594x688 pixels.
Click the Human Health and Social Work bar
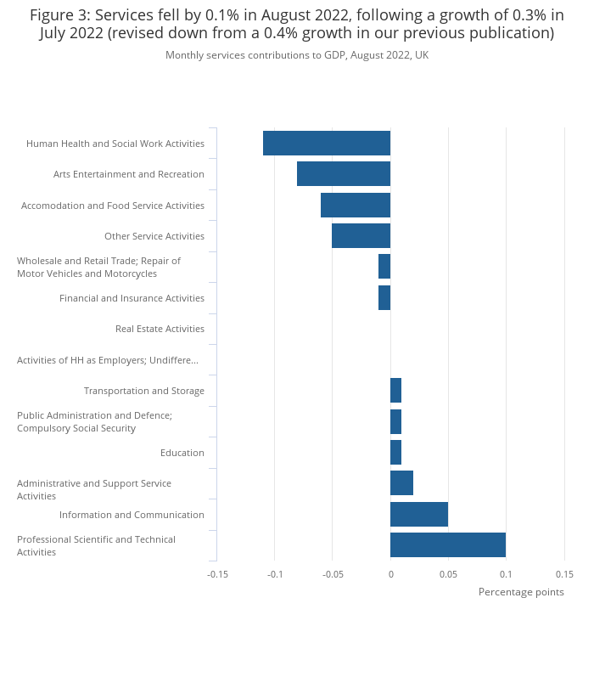pyautogui.click(x=327, y=143)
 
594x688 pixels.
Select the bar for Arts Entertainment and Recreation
pyautogui.click(x=344, y=174)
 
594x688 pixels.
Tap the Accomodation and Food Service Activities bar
pyautogui.click(x=356, y=205)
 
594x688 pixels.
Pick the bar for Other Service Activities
pyautogui.click(x=361, y=235)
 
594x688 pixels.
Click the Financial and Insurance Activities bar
pyautogui.click(x=384, y=298)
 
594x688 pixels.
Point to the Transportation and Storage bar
pyautogui.click(x=395, y=390)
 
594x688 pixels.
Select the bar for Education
pyautogui.click(x=395, y=453)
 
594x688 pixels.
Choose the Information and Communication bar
pyautogui.click(x=419, y=514)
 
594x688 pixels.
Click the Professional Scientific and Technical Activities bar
pyautogui.click(x=448, y=545)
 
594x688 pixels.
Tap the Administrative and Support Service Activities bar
pyautogui.click(x=401, y=482)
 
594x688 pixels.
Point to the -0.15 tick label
pyautogui.click(x=217, y=574)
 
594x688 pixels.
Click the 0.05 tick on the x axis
pyautogui.click(x=448, y=574)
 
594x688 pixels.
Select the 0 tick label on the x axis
pyautogui.click(x=391, y=574)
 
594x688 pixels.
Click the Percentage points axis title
pyautogui.click(x=521, y=592)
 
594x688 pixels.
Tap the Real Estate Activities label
pyautogui.click(x=160, y=329)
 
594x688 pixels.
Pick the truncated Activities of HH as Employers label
pyautogui.click(x=108, y=360)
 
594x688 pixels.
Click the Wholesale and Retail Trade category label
pyautogui.click(x=98, y=268)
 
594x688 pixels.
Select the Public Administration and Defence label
pyautogui.click(x=94, y=421)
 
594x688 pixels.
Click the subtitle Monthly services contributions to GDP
pyautogui.click(x=297, y=55)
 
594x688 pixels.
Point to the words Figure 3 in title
pyautogui.click(x=60, y=15)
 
